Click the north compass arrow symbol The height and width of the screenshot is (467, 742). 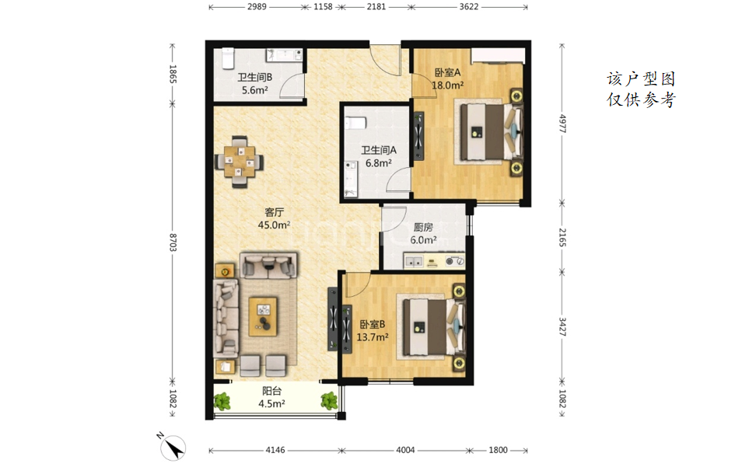point(173,447)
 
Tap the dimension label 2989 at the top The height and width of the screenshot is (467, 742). point(257,7)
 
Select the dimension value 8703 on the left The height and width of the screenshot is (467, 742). point(172,242)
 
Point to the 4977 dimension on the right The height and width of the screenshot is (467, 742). point(562,124)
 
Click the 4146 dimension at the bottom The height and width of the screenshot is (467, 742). point(275,450)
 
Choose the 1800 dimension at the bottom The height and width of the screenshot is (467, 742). point(498,450)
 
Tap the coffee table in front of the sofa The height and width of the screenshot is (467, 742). point(263,316)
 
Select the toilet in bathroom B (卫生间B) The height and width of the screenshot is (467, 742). point(229,58)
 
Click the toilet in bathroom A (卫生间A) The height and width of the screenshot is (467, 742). point(355,123)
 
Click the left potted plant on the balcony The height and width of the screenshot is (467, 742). point(222,402)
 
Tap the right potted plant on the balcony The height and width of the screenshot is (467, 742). point(329,401)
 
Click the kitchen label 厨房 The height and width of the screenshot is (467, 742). point(423,228)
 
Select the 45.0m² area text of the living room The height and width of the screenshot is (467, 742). point(274,225)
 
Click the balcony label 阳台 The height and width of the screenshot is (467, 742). point(271,391)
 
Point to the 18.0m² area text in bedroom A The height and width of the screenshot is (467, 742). point(448,85)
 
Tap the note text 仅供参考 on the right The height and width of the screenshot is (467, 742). point(641,99)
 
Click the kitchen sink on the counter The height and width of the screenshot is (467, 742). point(414,261)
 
